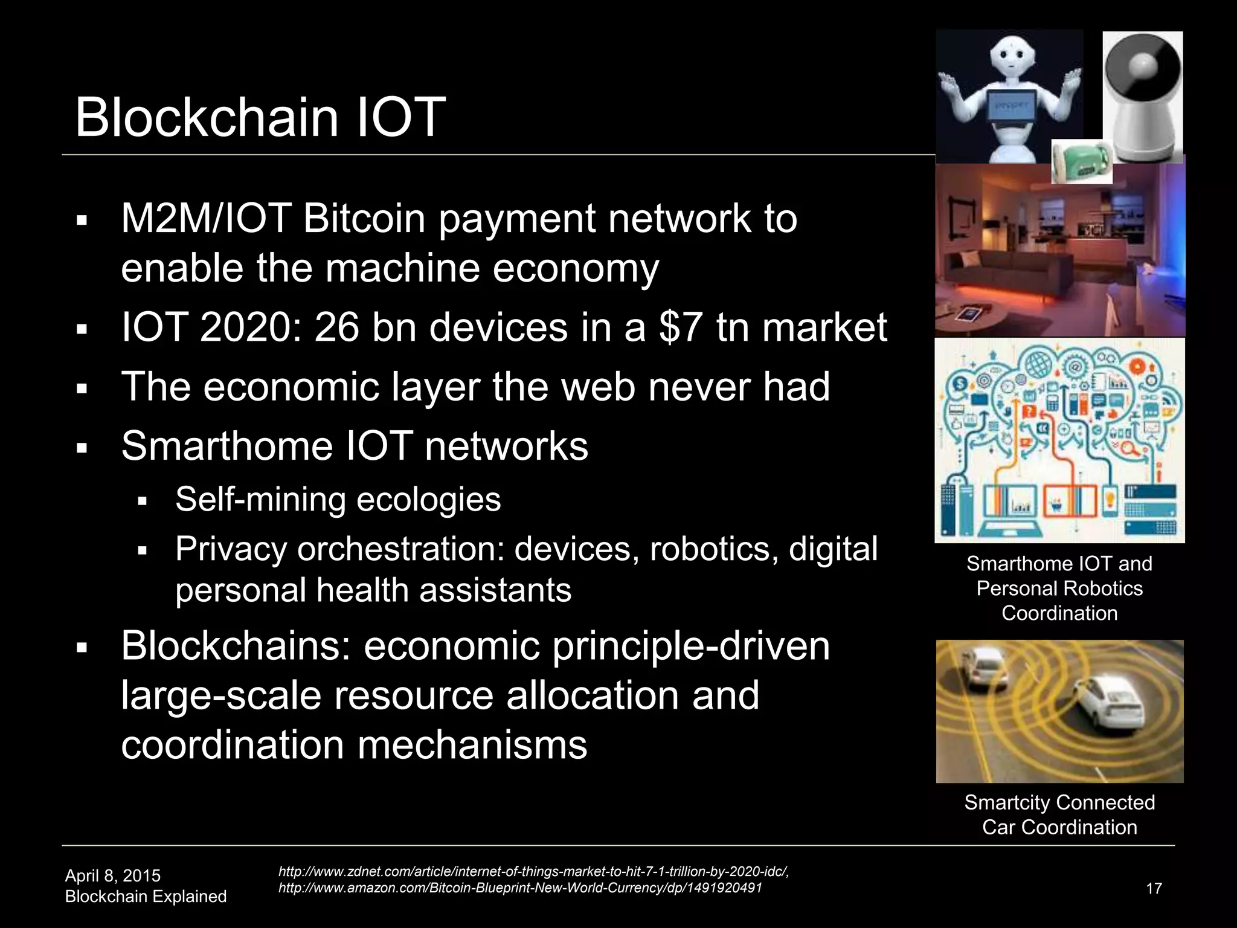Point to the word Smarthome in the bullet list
click(227, 446)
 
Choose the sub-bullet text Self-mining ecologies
click(338, 500)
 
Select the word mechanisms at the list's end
click(472, 744)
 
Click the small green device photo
click(1081, 162)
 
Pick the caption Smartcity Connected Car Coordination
click(1059, 814)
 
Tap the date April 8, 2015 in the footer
click(113, 875)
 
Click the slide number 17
click(1154, 888)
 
